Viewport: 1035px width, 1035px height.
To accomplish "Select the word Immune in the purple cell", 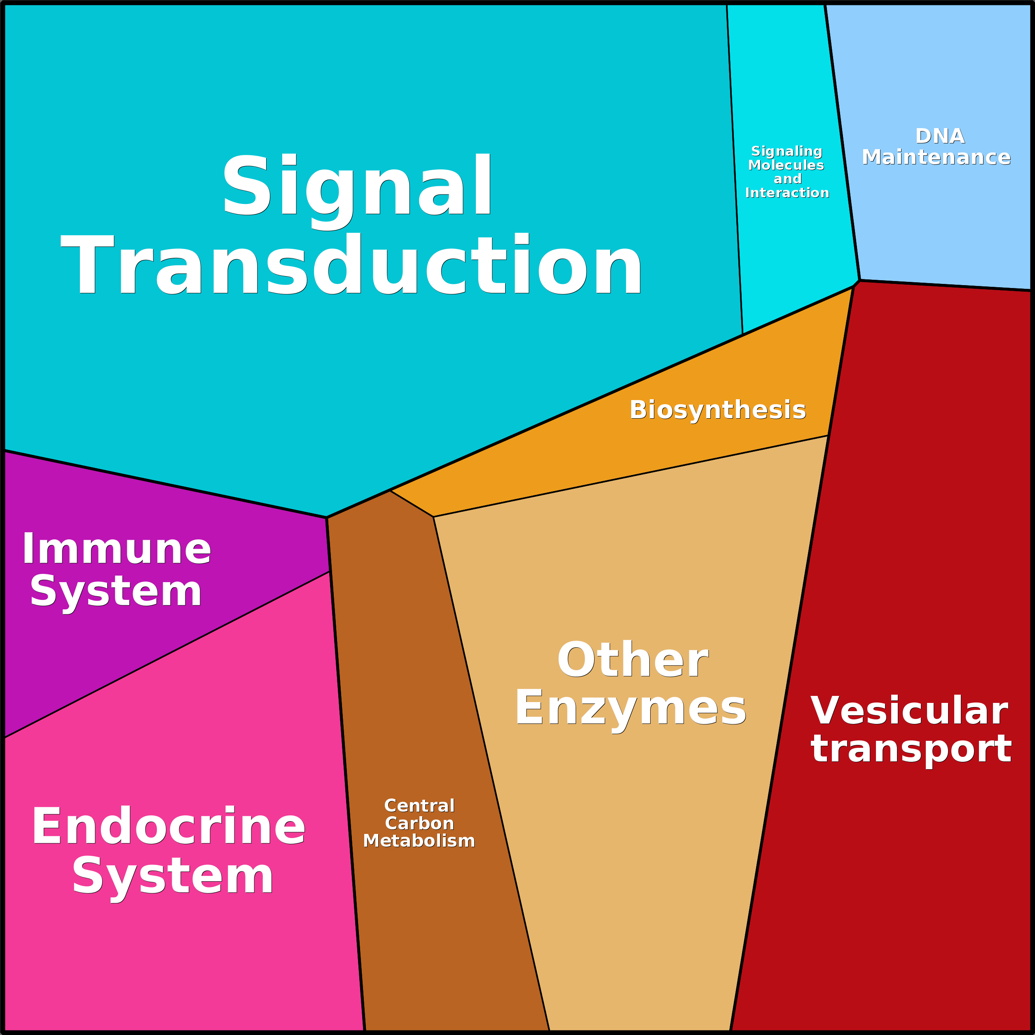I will [x=117, y=550].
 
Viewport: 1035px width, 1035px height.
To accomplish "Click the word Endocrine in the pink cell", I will [x=168, y=827].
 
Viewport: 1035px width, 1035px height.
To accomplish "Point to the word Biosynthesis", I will [x=717, y=410].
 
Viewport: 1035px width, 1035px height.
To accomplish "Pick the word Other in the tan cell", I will [x=633, y=660].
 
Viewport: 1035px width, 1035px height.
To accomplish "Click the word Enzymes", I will [x=630, y=708].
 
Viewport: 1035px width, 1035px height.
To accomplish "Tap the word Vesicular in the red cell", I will [x=909, y=711].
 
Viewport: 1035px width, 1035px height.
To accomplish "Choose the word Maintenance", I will [x=936, y=157].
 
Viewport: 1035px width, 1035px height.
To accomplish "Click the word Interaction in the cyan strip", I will [x=787, y=193].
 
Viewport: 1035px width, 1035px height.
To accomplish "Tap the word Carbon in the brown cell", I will [x=419, y=823].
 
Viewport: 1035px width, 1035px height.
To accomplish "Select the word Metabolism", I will [x=419, y=841].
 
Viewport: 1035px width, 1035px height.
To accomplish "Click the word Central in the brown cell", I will [x=419, y=806].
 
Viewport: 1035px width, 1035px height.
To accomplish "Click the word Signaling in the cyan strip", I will [x=787, y=151].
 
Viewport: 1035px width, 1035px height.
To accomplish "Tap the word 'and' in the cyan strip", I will [x=787, y=179].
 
